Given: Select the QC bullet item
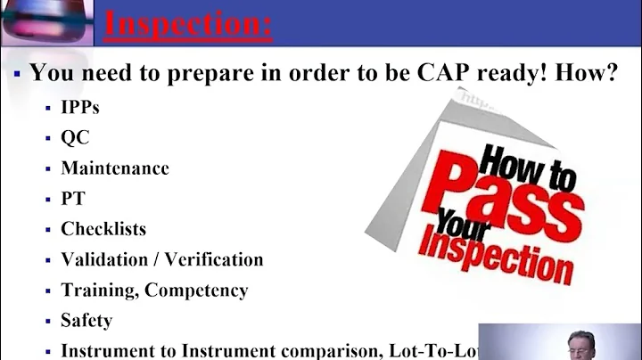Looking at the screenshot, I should point(75,138).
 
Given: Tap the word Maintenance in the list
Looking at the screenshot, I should point(115,168).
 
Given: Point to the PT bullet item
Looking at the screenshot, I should point(72,198).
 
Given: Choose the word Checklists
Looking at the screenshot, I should point(103,228).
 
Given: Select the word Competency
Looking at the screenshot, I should point(196,290).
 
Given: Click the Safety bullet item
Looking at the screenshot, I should point(86,320).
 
